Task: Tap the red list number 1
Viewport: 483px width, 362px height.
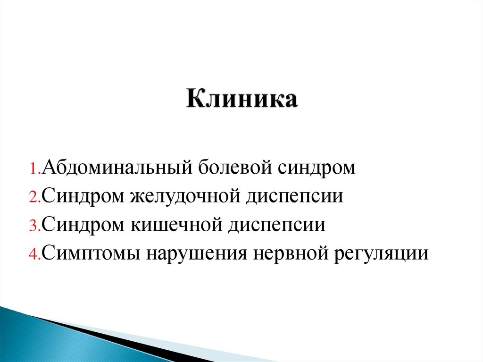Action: [35, 169]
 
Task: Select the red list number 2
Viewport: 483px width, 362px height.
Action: [35, 198]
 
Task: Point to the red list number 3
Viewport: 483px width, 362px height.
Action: [35, 226]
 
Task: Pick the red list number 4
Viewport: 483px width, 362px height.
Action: [35, 254]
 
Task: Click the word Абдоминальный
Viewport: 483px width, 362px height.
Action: [115, 168]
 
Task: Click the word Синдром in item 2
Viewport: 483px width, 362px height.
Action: [82, 197]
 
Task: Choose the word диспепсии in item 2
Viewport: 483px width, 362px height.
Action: [293, 197]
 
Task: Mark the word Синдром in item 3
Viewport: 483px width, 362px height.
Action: [82, 225]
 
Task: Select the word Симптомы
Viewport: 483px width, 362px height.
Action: [90, 253]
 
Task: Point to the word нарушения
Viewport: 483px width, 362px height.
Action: [196, 253]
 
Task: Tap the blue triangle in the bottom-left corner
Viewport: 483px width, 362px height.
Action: [28, 340]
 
